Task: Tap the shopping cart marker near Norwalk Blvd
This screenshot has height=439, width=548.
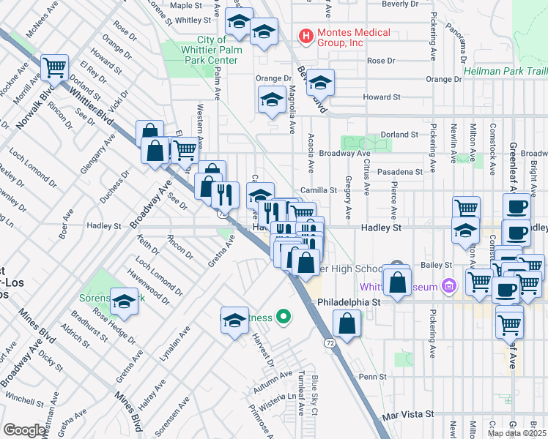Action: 55,68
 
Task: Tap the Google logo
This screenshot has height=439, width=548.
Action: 24,430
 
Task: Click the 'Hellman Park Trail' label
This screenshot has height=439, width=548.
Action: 506,71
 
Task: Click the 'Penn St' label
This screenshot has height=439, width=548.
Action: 372,377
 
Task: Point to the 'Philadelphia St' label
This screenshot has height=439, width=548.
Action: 349,301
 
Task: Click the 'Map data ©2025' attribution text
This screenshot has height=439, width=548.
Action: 516,433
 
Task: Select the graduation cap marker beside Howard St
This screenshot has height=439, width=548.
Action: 273,100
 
